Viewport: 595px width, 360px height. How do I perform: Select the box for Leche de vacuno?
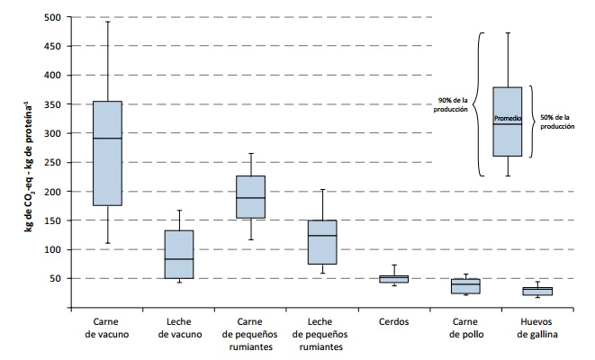pyautogui.click(x=179, y=255)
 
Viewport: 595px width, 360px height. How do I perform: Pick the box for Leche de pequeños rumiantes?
pyautogui.click(x=321, y=241)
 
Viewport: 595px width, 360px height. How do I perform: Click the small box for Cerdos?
pyautogui.click(x=393, y=279)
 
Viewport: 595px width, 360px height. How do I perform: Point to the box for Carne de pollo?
pyautogui.click(x=464, y=286)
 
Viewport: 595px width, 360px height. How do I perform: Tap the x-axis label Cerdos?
pyautogui.click(x=393, y=321)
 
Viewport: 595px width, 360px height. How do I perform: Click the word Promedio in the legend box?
pyautogui.click(x=508, y=119)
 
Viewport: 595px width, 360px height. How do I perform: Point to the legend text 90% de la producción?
pyautogui.click(x=451, y=104)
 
